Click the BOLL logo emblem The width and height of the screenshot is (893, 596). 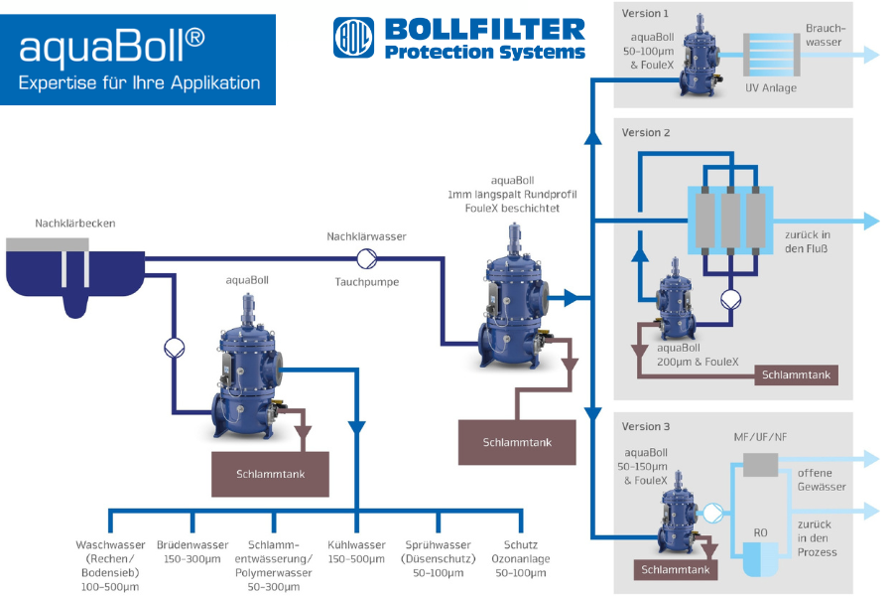353,38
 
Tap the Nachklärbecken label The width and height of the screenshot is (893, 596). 75,223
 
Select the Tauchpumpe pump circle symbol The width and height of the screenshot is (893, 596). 367,259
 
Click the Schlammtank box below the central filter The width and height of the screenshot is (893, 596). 517,443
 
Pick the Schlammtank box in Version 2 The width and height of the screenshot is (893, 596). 796,375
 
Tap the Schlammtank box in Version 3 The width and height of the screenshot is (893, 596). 676,570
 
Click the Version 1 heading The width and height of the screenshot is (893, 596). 645,13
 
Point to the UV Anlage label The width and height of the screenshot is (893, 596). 771,87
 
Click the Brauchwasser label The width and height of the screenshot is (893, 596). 826,36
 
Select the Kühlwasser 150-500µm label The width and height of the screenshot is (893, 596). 356,552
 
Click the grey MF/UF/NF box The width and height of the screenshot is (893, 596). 760,465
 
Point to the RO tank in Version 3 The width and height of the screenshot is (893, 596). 761,558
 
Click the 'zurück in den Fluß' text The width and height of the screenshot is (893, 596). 808,241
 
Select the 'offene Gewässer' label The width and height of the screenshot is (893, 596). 822,480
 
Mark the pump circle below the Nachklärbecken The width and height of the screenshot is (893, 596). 175,348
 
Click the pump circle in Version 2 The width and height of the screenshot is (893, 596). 730,299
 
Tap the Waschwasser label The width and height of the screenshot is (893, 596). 110,566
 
